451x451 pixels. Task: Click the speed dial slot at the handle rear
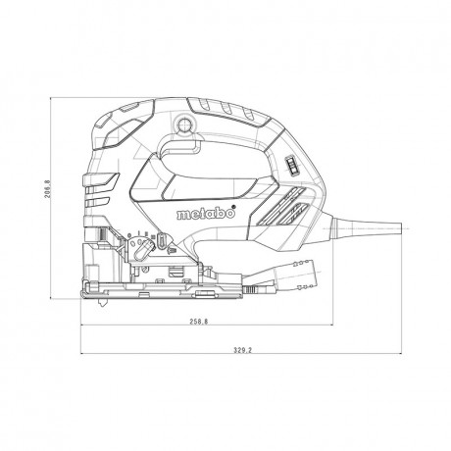[290, 166]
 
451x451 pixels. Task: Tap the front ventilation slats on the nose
[98, 182]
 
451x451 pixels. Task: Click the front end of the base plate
[84, 288]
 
